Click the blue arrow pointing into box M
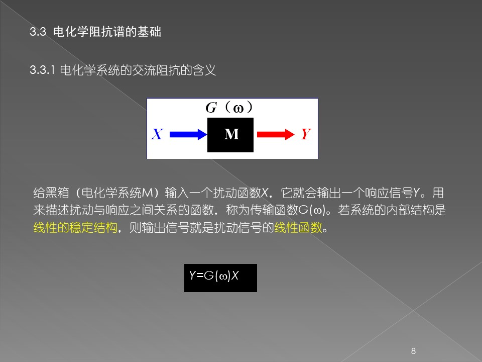click(x=188, y=135)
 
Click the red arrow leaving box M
click(x=276, y=135)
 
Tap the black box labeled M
click(x=230, y=135)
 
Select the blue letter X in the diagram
click(x=157, y=134)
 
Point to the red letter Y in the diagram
click(x=306, y=134)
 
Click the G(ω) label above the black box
click(x=229, y=108)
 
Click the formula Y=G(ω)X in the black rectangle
click(x=214, y=276)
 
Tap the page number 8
click(x=413, y=351)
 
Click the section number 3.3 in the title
click(x=38, y=32)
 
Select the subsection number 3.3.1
click(x=42, y=70)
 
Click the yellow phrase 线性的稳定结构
click(x=75, y=228)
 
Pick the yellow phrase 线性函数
click(x=298, y=228)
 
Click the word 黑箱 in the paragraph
click(x=57, y=193)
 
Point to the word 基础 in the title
click(x=149, y=32)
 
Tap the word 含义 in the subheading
click(x=204, y=70)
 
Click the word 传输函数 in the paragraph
click(x=274, y=210)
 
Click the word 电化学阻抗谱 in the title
click(x=89, y=32)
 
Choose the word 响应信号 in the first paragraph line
click(x=389, y=193)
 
